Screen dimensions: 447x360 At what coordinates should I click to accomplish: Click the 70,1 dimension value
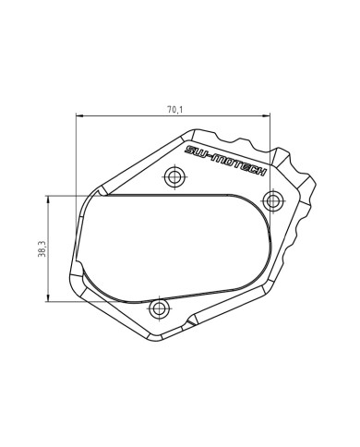(x=174, y=109)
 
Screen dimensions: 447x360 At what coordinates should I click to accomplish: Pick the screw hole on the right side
(x=272, y=199)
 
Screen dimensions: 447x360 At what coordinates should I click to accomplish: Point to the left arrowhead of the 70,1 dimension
(x=80, y=116)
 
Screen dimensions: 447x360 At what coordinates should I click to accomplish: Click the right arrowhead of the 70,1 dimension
(x=270, y=116)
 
